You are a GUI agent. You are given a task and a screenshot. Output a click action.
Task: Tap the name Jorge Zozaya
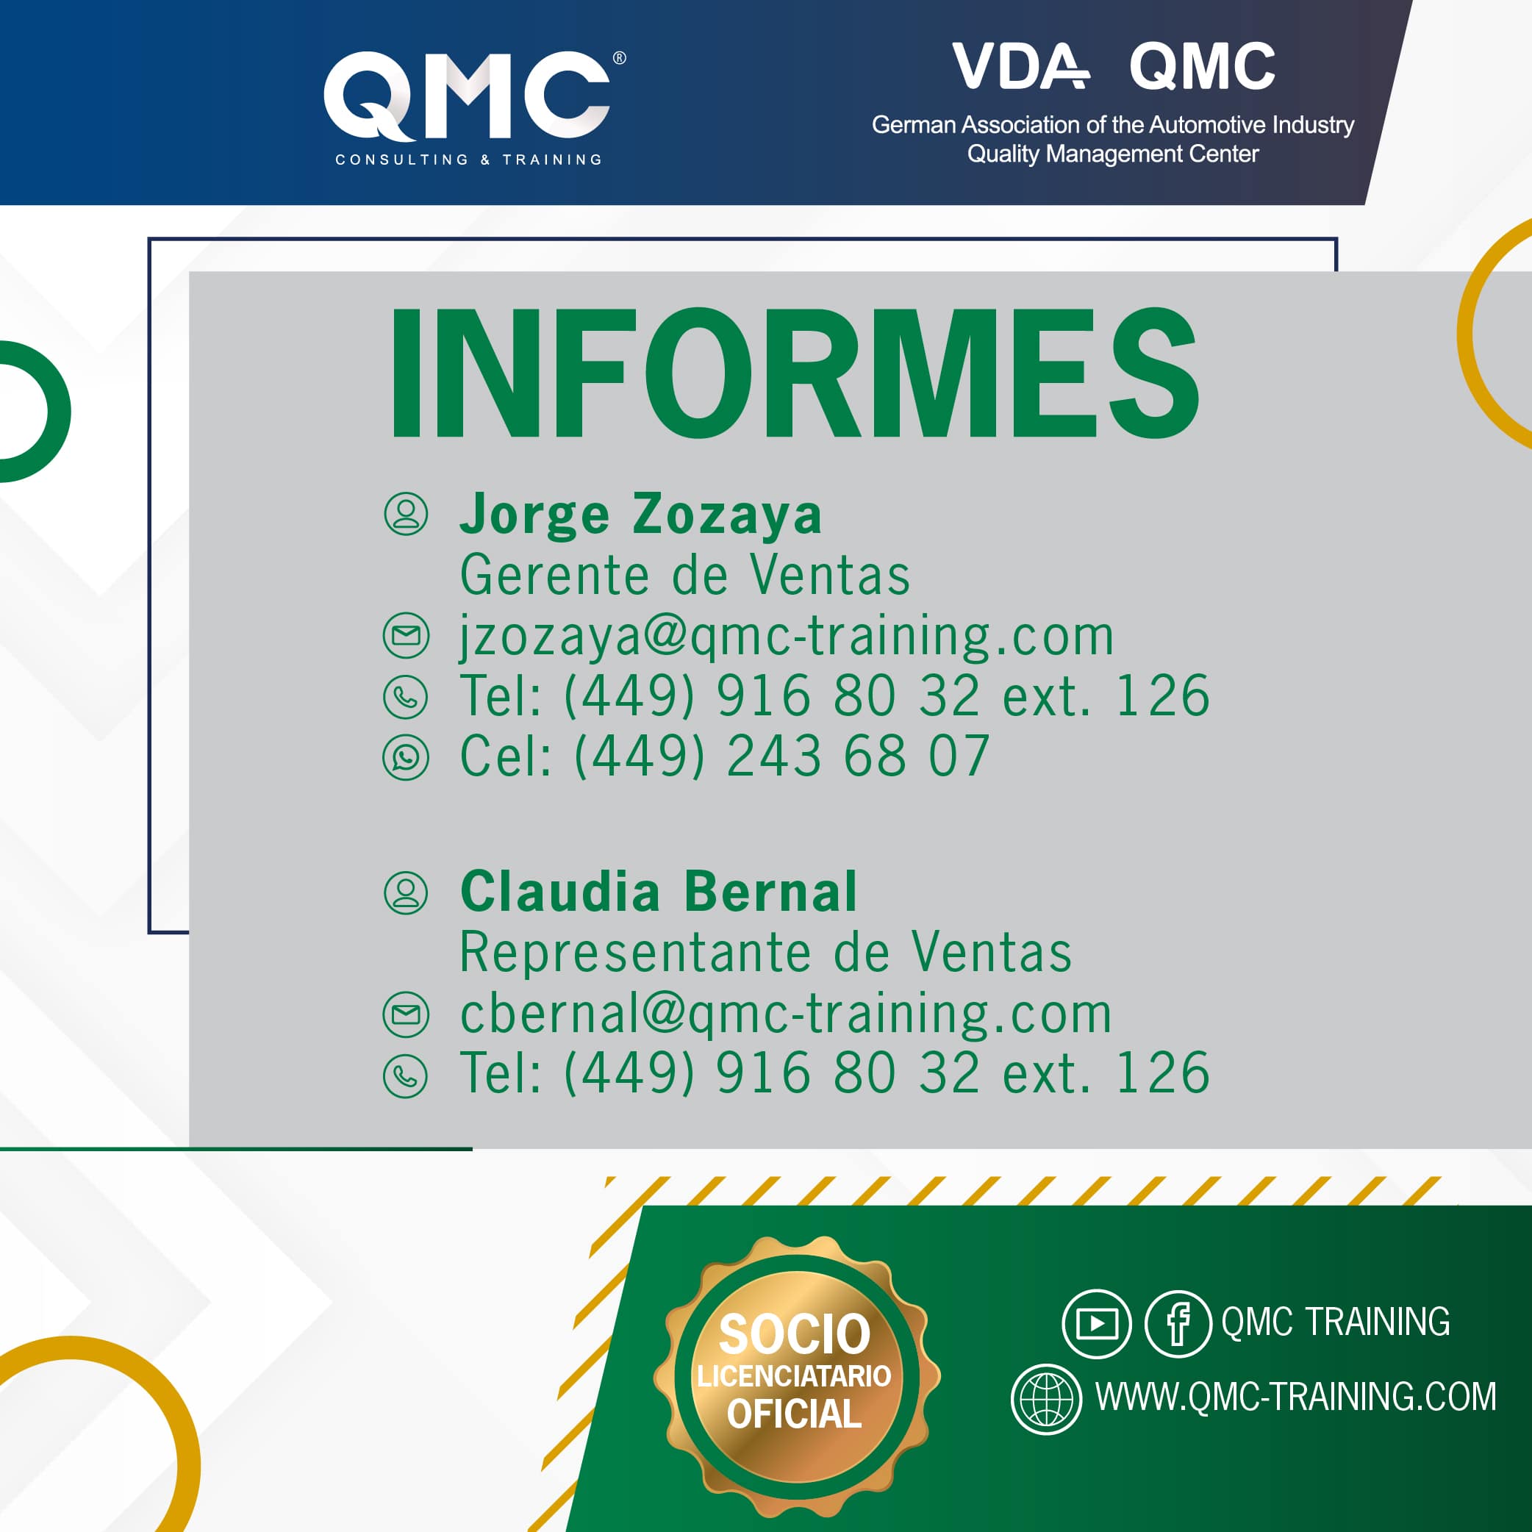click(x=641, y=515)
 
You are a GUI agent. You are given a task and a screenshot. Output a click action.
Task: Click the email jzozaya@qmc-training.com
click(x=787, y=637)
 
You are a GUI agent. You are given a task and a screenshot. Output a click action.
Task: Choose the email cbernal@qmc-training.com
click(x=786, y=1014)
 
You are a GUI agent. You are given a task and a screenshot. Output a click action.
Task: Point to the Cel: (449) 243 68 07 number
click(x=725, y=756)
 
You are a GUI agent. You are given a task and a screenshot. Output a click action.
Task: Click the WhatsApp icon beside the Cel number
click(x=406, y=757)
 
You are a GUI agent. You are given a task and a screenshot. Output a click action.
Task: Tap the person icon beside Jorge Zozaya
click(x=406, y=513)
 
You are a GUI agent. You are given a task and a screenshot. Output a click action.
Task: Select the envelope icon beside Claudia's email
click(x=406, y=1014)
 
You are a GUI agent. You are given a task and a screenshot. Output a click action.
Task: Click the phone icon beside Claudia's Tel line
click(x=405, y=1076)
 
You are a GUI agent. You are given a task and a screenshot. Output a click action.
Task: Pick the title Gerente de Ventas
click(x=685, y=575)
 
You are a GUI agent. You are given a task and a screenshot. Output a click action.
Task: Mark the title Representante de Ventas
click(x=766, y=951)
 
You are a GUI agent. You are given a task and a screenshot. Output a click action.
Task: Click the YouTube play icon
click(x=1097, y=1323)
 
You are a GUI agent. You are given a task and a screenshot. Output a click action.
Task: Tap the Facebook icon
click(x=1178, y=1323)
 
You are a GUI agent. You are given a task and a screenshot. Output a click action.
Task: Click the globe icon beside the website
click(x=1047, y=1400)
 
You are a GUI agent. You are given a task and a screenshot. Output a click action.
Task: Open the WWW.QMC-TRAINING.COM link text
click(x=1296, y=1397)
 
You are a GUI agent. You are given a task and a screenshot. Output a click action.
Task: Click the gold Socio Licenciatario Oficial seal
click(x=796, y=1378)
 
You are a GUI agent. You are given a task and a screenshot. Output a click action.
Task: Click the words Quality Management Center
click(x=1112, y=154)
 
